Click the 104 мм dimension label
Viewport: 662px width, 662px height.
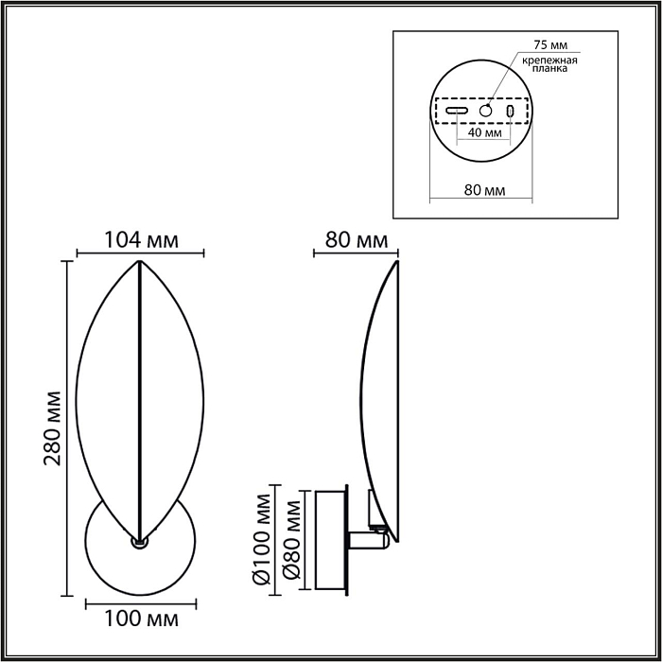[x=141, y=240]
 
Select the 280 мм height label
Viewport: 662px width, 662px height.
[x=53, y=428]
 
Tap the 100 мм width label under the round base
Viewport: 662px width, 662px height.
[x=141, y=619]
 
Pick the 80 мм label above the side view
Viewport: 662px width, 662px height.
[x=357, y=240]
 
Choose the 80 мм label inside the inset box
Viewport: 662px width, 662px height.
[x=484, y=190]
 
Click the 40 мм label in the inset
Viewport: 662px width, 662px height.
[x=484, y=132]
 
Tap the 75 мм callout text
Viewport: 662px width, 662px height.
[x=550, y=44]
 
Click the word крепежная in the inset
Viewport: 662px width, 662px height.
[x=550, y=60]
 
